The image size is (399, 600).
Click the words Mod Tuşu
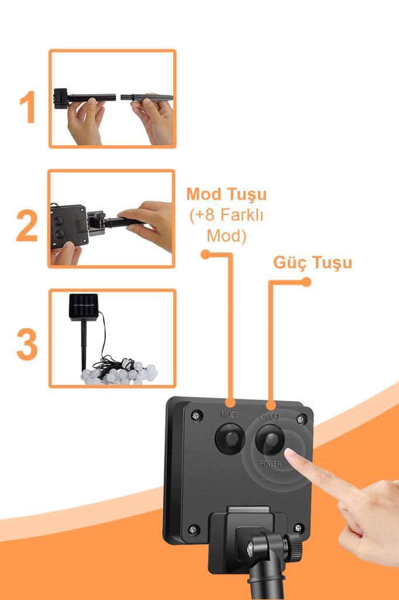click(x=226, y=195)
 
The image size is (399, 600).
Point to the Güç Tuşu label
click(x=312, y=263)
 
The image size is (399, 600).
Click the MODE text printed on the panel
click(x=230, y=415)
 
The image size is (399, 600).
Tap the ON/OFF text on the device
click(x=270, y=417)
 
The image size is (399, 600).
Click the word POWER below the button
click(x=270, y=464)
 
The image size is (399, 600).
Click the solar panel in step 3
click(x=83, y=306)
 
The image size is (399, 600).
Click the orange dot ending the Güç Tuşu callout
click(x=306, y=282)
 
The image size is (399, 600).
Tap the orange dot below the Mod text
click(x=205, y=254)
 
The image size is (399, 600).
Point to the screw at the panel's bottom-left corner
click(x=193, y=530)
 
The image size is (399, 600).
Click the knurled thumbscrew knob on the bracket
click(x=294, y=545)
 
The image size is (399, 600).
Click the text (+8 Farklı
click(x=226, y=216)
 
